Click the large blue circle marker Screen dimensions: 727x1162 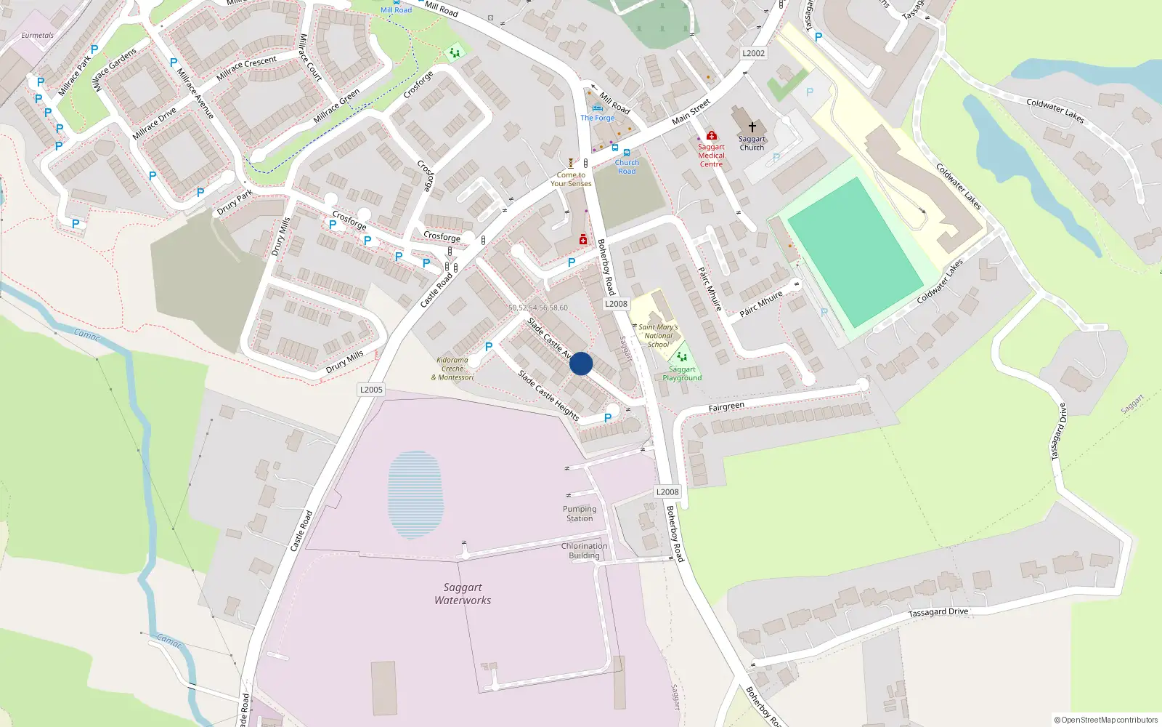tap(581, 363)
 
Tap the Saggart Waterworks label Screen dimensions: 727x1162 tap(463, 594)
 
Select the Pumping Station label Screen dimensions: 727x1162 tap(580, 514)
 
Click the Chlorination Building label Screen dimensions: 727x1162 tap(584, 551)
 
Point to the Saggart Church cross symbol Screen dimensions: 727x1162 tap(752, 127)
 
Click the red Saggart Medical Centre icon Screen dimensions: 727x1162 tap(712, 135)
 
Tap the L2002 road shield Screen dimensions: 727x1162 tap(753, 53)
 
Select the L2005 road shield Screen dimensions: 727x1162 tap(371, 390)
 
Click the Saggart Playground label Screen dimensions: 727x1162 tap(682, 374)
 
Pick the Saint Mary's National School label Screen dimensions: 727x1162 tap(658, 336)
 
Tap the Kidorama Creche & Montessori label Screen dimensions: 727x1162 tap(452, 369)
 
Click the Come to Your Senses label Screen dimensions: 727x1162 tap(571, 180)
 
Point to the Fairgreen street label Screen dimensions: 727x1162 tap(726, 407)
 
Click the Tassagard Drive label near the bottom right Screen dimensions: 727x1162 tap(938, 612)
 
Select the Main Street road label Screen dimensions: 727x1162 tap(691, 112)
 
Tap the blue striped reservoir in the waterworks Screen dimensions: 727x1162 tap(415, 494)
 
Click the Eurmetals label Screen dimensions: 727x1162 tap(37, 35)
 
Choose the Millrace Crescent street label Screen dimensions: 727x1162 tap(246, 68)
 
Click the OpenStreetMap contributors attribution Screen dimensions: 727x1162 tap(1106, 720)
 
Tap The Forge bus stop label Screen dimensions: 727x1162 tap(597, 118)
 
